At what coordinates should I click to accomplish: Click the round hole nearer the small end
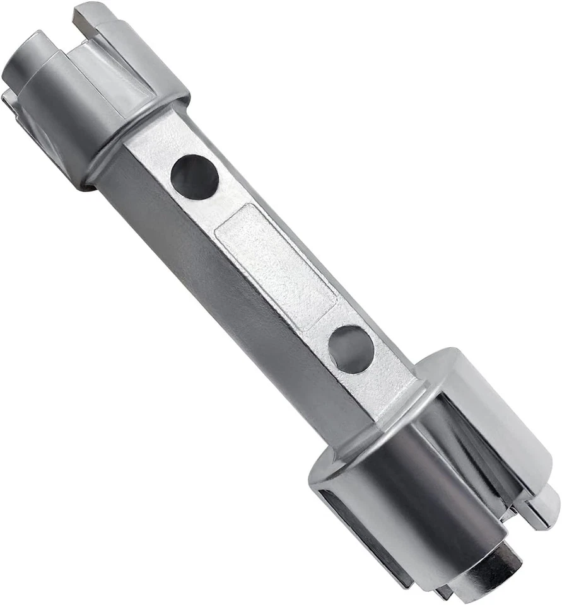194,177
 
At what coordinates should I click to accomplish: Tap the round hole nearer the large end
351,348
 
